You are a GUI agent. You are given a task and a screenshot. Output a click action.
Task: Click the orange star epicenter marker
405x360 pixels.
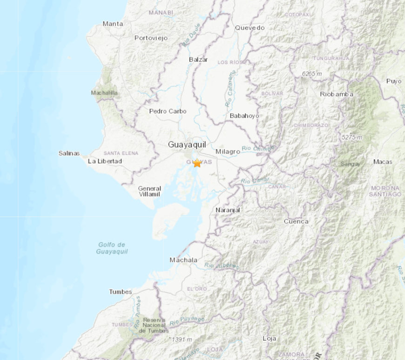[x=197, y=163]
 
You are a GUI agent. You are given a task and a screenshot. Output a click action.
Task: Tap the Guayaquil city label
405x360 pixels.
[x=187, y=145]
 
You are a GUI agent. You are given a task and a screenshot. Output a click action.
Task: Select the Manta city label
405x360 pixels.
[x=113, y=24]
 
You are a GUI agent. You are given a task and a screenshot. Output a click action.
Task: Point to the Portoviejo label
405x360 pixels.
[x=150, y=38]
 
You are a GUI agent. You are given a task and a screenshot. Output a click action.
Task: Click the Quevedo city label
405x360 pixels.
[x=250, y=27]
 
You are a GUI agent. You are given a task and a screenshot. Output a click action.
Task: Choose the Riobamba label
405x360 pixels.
[x=337, y=94]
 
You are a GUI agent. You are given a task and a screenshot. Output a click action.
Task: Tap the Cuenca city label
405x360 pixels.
[x=296, y=221]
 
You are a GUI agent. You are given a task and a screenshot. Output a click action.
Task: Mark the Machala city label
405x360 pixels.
[x=183, y=260]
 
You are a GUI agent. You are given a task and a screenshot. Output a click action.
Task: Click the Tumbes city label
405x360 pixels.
[x=121, y=292]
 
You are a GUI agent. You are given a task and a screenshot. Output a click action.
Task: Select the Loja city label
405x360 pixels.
[x=270, y=338]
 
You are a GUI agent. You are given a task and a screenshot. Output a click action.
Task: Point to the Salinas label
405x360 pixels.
[x=69, y=153]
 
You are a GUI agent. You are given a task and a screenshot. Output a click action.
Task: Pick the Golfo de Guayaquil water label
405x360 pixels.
[x=112, y=248]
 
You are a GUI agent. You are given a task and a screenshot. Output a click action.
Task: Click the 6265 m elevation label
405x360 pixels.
[x=312, y=74]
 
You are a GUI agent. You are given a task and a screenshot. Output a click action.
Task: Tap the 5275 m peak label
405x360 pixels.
[x=351, y=137]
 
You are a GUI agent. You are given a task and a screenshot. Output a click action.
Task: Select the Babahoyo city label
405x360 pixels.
[x=244, y=115]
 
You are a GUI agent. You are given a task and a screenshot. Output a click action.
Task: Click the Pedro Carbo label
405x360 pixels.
[x=168, y=111]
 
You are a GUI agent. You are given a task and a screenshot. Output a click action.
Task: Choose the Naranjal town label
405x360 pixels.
[x=228, y=210]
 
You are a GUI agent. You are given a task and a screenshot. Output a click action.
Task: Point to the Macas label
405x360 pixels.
[x=383, y=162]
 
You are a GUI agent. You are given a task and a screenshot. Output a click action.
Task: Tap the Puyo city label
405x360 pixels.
[x=393, y=81]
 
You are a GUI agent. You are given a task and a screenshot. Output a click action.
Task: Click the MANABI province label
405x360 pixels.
[x=161, y=12]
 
